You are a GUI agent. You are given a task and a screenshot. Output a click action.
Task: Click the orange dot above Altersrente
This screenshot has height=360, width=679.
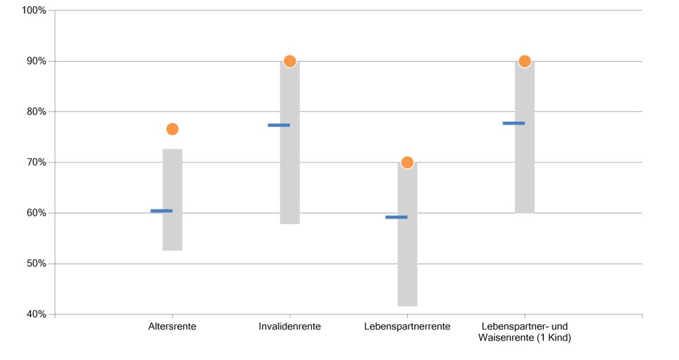(x=172, y=129)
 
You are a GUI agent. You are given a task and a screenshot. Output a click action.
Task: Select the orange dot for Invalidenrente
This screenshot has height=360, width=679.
(x=289, y=61)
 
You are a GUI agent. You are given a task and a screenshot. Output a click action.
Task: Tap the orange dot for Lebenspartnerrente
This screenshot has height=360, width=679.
(x=407, y=162)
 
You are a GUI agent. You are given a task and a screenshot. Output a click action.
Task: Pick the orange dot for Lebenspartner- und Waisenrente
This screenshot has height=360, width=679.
(x=525, y=61)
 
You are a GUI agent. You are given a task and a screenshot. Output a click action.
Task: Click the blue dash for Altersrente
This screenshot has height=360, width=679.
(x=161, y=211)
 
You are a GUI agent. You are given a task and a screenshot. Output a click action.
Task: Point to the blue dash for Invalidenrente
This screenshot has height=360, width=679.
(x=279, y=125)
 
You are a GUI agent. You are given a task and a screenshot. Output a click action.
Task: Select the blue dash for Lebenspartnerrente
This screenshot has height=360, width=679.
(x=396, y=217)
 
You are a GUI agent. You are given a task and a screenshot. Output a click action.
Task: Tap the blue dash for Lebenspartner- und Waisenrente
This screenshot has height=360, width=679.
(x=514, y=123)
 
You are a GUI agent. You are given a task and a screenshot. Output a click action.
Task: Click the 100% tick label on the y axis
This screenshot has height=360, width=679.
(x=34, y=11)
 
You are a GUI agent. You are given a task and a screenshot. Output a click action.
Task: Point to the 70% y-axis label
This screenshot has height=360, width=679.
(x=36, y=162)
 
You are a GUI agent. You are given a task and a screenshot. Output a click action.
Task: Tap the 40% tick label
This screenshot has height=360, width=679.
(x=36, y=314)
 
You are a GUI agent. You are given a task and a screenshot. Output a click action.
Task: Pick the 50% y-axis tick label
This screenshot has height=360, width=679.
(x=36, y=264)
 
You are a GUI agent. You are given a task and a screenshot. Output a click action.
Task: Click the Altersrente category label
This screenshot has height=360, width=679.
(x=172, y=327)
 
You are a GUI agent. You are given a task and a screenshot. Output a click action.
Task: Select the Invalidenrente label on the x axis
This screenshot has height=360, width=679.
(x=289, y=327)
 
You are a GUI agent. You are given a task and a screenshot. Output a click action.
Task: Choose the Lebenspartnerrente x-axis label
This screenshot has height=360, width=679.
(x=407, y=327)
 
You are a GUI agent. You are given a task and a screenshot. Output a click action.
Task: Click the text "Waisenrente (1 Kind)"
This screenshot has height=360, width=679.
(x=525, y=339)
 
